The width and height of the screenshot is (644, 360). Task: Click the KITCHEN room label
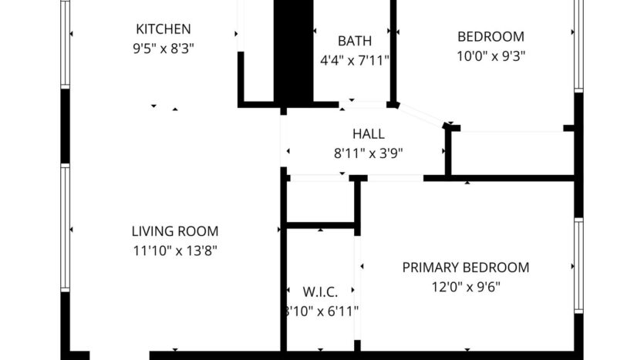coord(163,30)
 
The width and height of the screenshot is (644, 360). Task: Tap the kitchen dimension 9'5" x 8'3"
coord(163,48)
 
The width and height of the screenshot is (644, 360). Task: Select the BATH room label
coord(355,41)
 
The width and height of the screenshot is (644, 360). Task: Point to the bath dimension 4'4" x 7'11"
coord(355,59)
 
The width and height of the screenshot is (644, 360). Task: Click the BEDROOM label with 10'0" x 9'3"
coord(491,36)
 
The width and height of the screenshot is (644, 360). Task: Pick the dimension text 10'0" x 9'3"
coord(491,56)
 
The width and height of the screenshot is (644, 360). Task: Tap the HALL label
coord(368,134)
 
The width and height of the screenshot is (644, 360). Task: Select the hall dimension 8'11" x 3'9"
coord(368,153)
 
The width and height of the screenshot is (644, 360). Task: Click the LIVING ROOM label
coord(174,231)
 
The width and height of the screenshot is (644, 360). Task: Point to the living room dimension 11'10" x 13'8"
coord(174,250)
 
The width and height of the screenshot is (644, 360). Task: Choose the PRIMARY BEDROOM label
coord(466,268)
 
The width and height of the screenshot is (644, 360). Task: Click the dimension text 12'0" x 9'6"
coord(466,287)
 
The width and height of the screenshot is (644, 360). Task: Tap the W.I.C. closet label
coord(320,292)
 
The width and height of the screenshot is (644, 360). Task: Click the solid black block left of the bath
coord(293,50)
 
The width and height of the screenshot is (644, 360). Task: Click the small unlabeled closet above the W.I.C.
coord(320,202)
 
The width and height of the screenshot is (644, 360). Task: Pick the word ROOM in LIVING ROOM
coord(199,231)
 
